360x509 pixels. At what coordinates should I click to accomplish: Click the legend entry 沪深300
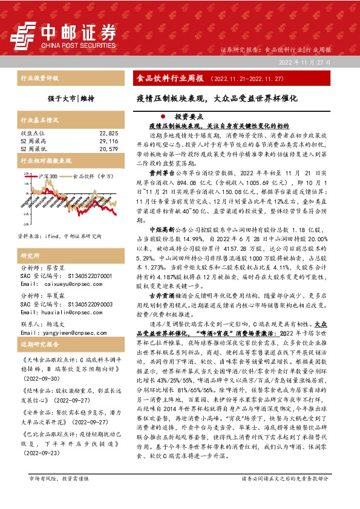(x=47, y=176)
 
